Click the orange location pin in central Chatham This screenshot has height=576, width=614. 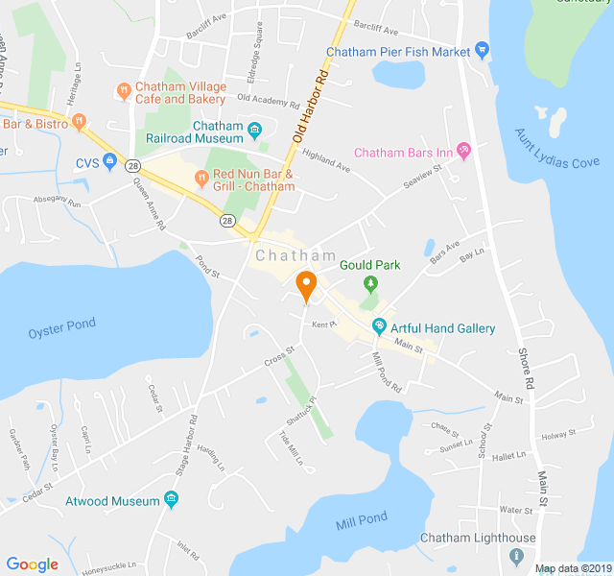(306, 285)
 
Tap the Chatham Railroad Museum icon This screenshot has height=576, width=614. (254, 131)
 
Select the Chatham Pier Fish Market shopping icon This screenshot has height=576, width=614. (482, 50)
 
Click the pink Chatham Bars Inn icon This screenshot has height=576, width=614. (464, 151)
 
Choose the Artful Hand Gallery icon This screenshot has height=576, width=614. (379, 327)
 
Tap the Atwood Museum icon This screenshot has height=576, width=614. (171, 499)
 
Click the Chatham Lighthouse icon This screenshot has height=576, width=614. (518, 556)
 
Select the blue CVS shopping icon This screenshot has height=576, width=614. (110, 164)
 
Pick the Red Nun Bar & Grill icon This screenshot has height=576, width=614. (201, 177)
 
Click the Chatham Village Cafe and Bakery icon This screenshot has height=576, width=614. (123, 91)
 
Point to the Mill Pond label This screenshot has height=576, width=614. (362, 520)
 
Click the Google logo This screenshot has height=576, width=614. (32, 564)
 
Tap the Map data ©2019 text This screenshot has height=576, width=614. (573, 568)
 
